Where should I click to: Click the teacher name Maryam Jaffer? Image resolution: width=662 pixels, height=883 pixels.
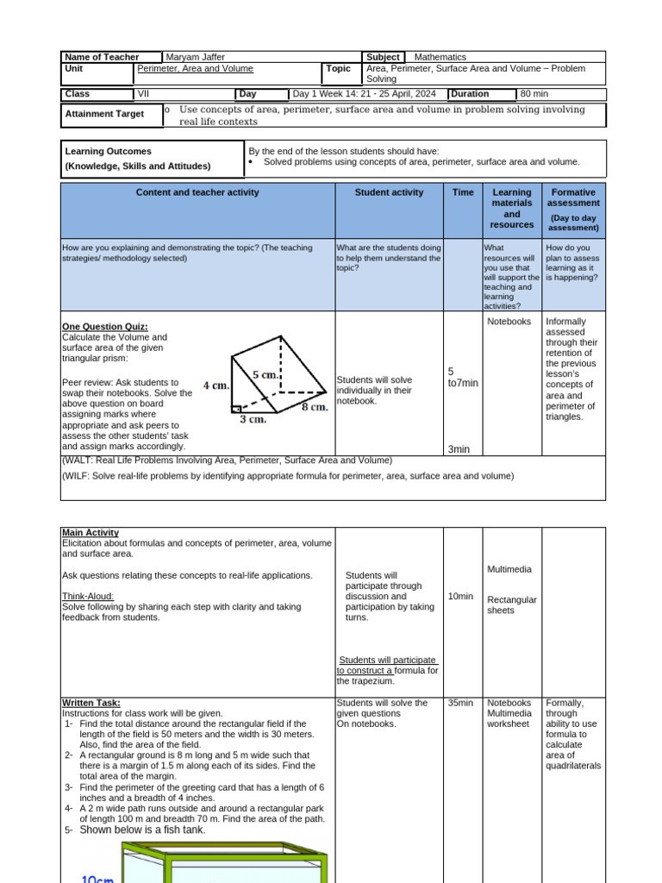[196, 57]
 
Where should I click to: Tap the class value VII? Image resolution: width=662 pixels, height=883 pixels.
[144, 94]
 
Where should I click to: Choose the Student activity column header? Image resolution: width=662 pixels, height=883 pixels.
[389, 192]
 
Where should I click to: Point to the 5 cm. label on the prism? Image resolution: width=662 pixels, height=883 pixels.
[265, 374]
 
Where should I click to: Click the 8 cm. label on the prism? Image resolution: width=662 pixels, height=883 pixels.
[314, 407]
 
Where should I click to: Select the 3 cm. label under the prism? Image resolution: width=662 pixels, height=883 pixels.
[253, 420]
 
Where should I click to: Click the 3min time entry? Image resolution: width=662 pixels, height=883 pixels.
[459, 448]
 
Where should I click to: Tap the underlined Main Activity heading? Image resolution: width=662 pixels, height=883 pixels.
[91, 533]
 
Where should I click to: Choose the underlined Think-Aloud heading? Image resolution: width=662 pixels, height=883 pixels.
[88, 596]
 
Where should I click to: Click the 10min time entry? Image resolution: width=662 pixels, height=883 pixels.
[460, 596]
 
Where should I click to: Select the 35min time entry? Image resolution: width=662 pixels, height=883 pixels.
[460, 703]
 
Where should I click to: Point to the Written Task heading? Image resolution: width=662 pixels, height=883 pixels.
[91, 703]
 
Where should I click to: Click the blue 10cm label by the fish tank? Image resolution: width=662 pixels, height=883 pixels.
[97, 878]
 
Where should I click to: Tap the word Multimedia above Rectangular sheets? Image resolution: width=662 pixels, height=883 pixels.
[509, 569]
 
